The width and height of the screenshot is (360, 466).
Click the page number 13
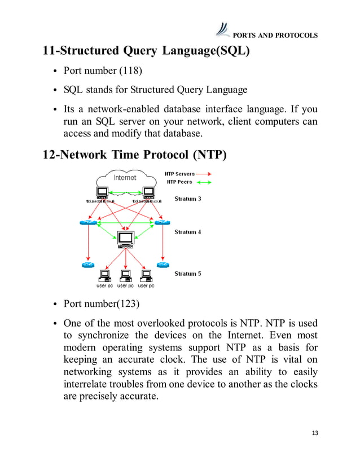[315, 433]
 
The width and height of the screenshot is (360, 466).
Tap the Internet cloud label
[125, 178]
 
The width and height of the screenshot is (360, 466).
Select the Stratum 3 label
[188, 199]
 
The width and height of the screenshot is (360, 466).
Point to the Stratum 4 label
[188, 232]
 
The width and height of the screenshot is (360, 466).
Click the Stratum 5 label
[188, 274]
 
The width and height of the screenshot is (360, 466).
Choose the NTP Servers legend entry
[179, 174]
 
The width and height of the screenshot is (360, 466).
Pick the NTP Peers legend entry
[179, 182]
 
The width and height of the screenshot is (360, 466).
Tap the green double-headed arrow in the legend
[204, 182]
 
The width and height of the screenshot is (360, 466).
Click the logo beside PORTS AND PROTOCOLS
[223, 29]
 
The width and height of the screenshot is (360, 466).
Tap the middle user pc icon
[125, 276]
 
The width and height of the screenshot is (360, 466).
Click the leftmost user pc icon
[104, 276]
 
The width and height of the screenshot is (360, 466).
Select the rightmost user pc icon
[146, 276]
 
